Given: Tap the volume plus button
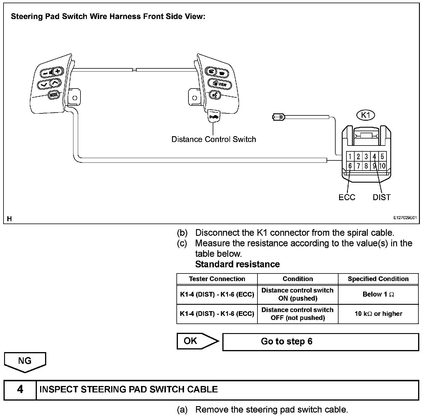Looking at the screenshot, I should pos(58,71).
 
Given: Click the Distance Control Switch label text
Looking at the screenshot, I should pos(214,139).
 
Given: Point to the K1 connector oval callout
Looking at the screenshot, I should pos(365,115).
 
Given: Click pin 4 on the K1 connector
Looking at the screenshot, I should pos(374,156).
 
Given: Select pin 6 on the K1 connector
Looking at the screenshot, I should pos(350,166).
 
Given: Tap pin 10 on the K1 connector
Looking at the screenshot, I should pos(382,166).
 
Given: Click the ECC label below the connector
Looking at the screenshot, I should pos(347,198).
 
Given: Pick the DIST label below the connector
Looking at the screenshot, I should pos(382,198).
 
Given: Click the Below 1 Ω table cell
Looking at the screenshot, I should pos(378,295).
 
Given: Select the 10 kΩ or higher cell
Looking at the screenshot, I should pos(378,314).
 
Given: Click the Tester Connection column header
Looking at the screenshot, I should pos(217,279).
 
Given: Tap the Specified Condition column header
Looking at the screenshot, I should pos(378,279).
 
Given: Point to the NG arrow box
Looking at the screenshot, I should pos(25,361).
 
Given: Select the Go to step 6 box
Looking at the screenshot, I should pos(320,342).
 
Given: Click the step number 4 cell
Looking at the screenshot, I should pos(20,389).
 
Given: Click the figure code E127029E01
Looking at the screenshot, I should pos(405,218).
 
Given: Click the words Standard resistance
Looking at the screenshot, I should pos(237,264).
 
